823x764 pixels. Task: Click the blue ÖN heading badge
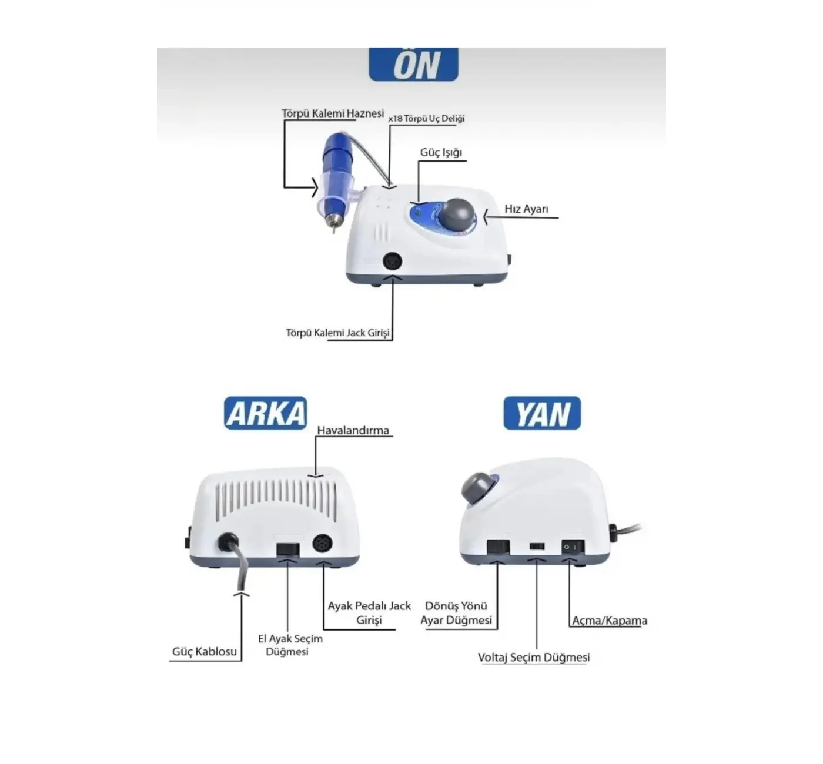(413, 64)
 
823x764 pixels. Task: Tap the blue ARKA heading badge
(265, 413)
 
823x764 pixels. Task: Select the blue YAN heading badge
(542, 413)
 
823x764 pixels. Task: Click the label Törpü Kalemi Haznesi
(333, 113)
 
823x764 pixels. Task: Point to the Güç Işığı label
(441, 152)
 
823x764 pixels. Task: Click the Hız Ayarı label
(526, 209)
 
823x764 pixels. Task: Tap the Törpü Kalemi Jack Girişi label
(338, 333)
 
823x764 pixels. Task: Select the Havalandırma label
(353, 430)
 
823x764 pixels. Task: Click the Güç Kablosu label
(205, 651)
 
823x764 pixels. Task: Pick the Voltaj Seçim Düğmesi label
(534, 657)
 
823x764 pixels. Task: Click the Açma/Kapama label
(610, 620)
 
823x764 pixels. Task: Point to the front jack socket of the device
(392, 262)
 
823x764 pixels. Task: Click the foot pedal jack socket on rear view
(323, 544)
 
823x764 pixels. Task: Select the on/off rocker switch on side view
(573, 547)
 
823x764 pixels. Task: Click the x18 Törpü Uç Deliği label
(426, 119)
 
